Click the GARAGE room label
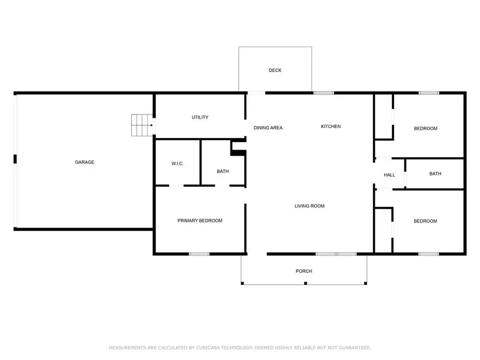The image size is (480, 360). pyautogui.click(x=84, y=162)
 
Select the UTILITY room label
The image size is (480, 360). pyautogui.click(x=200, y=117)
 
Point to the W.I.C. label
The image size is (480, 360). pyautogui.click(x=178, y=164)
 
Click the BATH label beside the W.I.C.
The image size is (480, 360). pyautogui.click(x=222, y=171)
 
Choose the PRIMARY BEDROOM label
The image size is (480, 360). pyautogui.click(x=200, y=221)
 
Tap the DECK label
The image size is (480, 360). pyautogui.click(x=275, y=70)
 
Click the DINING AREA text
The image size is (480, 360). pyautogui.click(x=268, y=128)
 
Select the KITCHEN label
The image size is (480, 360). pyautogui.click(x=331, y=126)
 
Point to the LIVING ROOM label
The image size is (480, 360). pyautogui.click(x=310, y=206)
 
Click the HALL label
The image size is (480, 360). pyautogui.click(x=389, y=175)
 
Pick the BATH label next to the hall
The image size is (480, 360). pyautogui.click(x=435, y=173)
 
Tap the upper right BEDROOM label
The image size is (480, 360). pyautogui.click(x=426, y=129)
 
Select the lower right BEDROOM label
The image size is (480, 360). pyautogui.click(x=426, y=221)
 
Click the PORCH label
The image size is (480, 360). pyautogui.click(x=304, y=271)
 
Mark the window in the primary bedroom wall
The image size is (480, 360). pyautogui.click(x=199, y=254)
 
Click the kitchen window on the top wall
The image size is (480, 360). pyautogui.click(x=323, y=93)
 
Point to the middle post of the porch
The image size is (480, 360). pyautogui.click(x=305, y=283)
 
